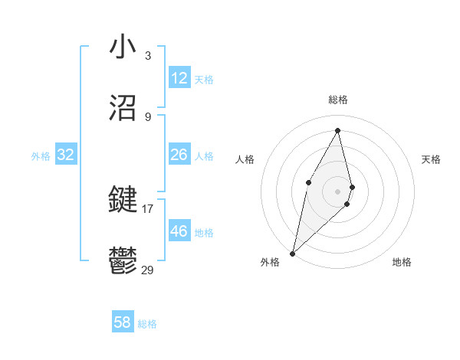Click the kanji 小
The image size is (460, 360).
tap(123, 47)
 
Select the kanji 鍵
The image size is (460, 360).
tap(123, 201)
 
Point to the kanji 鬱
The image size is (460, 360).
tap(123, 261)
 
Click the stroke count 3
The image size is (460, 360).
tap(148, 56)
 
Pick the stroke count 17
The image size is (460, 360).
tap(148, 208)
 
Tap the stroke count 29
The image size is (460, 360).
tap(148, 270)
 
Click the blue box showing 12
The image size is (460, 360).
tap(179, 78)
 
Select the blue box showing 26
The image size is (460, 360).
tap(179, 155)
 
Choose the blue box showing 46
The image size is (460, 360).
tap(179, 231)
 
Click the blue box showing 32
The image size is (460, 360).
tap(66, 155)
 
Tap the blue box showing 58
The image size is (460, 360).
tap(123, 322)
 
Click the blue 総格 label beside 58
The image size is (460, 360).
tap(147, 324)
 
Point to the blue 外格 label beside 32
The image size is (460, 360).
tap(41, 156)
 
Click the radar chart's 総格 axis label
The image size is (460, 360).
tap(338, 100)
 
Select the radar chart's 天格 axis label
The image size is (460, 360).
tap(432, 159)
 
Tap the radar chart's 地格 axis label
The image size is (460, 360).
tap(402, 262)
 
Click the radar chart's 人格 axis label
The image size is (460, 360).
tap(245, 159)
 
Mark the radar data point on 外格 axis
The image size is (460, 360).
tap(292, 253)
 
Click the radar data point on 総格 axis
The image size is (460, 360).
tap(338, 130)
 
